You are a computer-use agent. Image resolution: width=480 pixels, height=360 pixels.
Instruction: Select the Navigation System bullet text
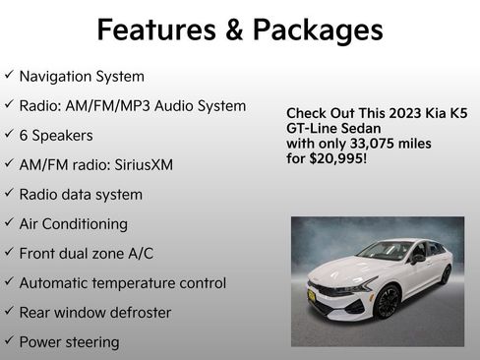(82, 76)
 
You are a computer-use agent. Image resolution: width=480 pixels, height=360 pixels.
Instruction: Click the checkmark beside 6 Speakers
(9, 135)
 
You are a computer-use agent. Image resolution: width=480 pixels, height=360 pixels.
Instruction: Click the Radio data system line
(81, 194)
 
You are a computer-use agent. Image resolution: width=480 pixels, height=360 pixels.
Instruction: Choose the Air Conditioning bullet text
(74, 223)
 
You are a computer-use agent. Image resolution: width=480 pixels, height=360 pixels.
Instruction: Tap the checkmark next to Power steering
(9, 341)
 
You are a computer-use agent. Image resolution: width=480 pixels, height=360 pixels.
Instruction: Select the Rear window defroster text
(95, 312)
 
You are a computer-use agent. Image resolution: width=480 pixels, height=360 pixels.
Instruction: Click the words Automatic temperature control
(123, 282)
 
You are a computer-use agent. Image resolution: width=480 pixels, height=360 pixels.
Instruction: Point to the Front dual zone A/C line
(87, 253)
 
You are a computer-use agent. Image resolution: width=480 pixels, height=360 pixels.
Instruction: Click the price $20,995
(336, 157)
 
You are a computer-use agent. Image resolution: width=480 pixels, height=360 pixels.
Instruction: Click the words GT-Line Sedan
(332, 127)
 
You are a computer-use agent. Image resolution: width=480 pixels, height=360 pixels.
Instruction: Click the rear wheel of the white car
(446, 274)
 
